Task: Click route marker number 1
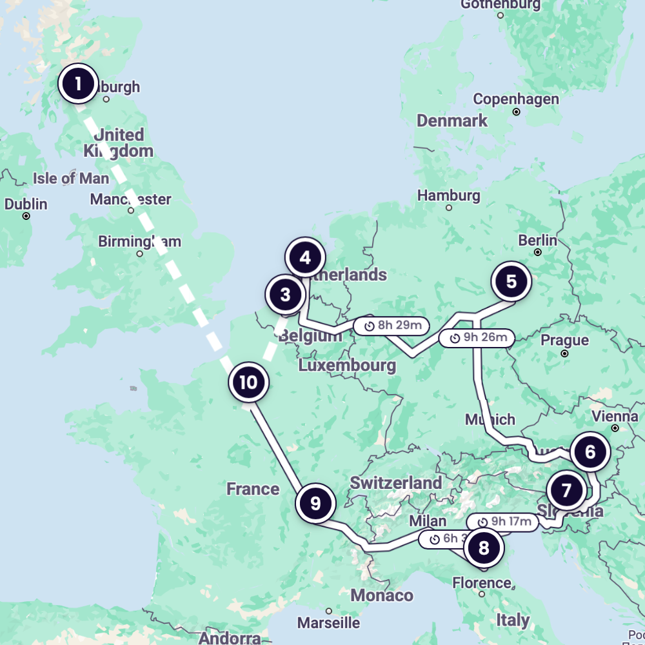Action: [78, 84]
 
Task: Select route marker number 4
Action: [305, 258]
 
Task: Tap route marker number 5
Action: [511, 282]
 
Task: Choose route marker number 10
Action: [248, 382]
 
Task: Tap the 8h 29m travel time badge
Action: [392, 326]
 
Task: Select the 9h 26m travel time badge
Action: [477, 337]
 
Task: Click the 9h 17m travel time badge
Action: [502, 522]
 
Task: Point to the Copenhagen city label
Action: [516, 99]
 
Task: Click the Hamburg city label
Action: [449, 195]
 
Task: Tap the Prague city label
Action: [565, 341]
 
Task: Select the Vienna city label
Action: [615, 415]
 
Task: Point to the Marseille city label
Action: [328, 622]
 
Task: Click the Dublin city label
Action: [26, 204]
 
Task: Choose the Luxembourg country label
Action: [347, 366]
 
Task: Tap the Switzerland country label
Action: [395, 482]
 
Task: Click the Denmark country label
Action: [452, 121]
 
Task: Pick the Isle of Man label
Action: [72, 178]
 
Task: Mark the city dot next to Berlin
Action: [537, 252]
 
